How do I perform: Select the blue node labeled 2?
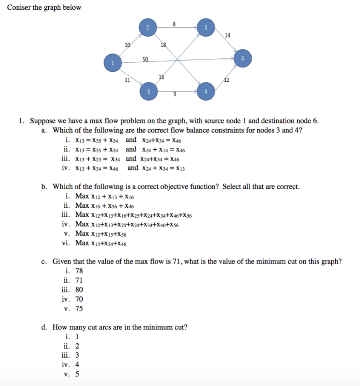pos(148,28)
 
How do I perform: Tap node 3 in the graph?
pos(148,92)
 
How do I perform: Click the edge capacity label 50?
pos(145,59)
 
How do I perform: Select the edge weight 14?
pos(227,36)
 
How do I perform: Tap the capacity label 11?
pos(127,80)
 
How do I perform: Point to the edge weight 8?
pos(174,23)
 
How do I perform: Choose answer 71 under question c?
pos(79,280)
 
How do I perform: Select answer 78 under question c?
pos(79,271)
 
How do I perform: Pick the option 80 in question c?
pos(79,290)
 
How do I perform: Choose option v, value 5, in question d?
pos(77,374)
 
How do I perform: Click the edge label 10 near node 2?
pos(128,45)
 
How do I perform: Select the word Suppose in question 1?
pos(43,121)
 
